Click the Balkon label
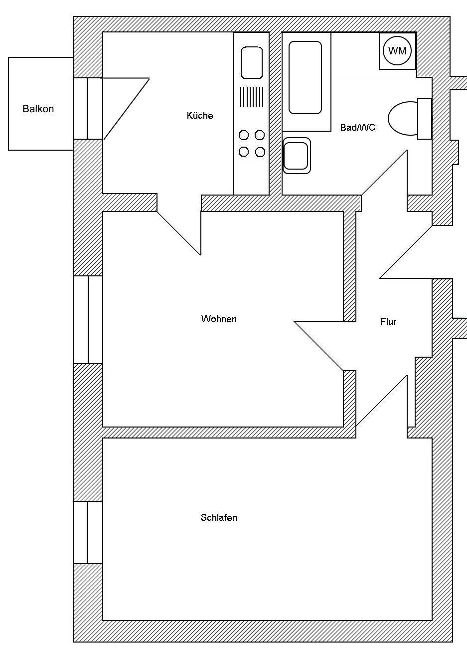[x=38, y=109]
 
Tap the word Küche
[x=200, y=116]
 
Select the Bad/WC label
[x=357, y=128]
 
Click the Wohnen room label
[x=219, y=319]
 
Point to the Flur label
[x=388, y=322]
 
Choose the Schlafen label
[x=219, y=518]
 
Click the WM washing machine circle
[x=397, y=51]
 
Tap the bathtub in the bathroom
[x=305, y=77]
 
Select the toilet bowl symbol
[x=403, y=119]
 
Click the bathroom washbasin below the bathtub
[x=296, y=156]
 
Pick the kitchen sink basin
[x=252, y=62]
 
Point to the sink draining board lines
[x=252, y=96]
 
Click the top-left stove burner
[x=244, y=135]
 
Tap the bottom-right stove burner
[x=260, y=152]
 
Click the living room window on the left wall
[x=88, y=319]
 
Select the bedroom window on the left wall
[x=88, y=532]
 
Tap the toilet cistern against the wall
[x=424, y=119]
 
